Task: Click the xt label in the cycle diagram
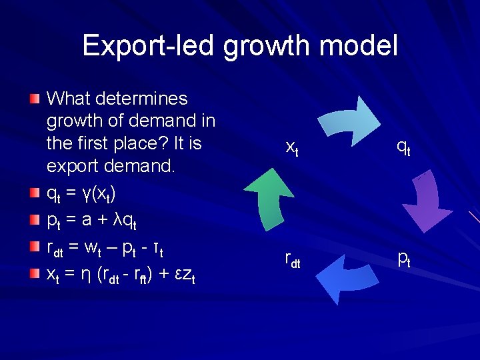(291, 147)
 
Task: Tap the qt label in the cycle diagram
(403, 147)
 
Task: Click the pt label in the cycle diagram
(403, 258)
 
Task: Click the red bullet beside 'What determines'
(35, 99)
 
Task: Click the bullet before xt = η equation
(35, 273)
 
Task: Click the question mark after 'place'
(177, 143)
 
